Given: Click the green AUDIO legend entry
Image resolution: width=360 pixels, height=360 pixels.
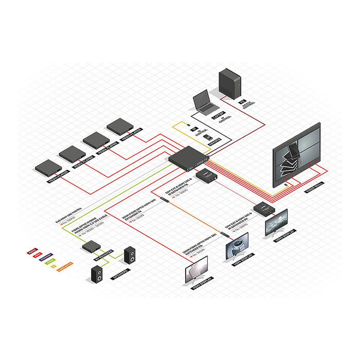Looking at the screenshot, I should point(51,262).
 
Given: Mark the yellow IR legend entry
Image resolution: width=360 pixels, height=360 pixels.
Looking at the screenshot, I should point(53,266).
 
